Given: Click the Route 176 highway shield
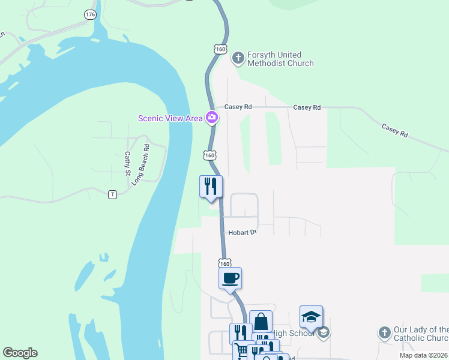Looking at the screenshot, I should pos(90,14).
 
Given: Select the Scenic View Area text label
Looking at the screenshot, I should pos(170,118).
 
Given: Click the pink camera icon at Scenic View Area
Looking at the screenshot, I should pos(211,118).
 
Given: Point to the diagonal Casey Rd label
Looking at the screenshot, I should pos(394,130).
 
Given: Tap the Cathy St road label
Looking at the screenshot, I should pos(127,163).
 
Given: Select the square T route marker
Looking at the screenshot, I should pos(112,194).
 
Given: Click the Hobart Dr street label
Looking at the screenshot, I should pos(241,232).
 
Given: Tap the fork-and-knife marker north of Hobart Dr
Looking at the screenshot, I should pos(211,186).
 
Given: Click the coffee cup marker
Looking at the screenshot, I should pos(231,278).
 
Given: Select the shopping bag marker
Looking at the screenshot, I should pos(261,322).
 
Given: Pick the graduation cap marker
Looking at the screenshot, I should pos(311,317).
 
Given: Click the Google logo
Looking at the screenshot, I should pos(20,353).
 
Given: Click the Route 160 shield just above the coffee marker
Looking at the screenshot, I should pos(224,263).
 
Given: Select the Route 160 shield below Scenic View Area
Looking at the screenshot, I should pos(209,155).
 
